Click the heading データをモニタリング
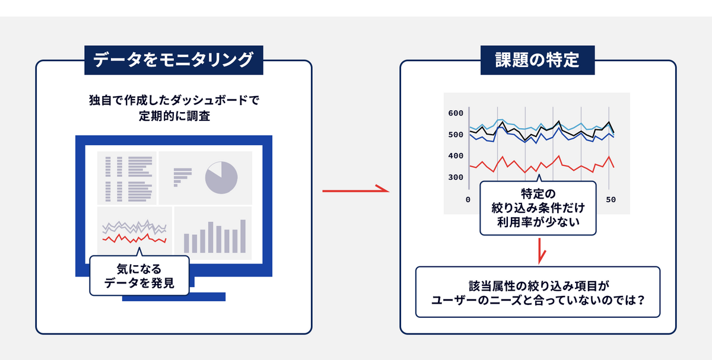(173, 60)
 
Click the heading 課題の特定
(538, 60)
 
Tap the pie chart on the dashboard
(221, 177)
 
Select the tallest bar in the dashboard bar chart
(243, 236)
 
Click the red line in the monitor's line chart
(134, 239)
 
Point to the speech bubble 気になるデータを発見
(139, 275)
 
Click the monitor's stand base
(174, 297)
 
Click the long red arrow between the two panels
(355, 190)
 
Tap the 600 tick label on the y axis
(456, 113)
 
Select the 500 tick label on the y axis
(456, 135)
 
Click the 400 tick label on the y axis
(456, 156)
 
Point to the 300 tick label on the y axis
(456, 177)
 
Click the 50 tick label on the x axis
(611, 200)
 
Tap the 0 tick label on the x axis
(468, 200)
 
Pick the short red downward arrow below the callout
(540, 251)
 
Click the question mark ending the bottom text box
(641, 300)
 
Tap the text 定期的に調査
(174, 116)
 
